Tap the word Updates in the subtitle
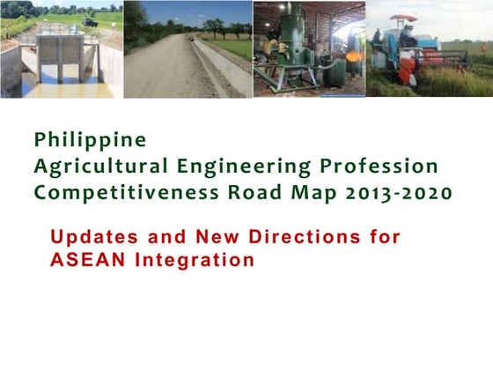click(x=88, y=237)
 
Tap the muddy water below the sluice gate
click(x=66, y=88)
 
